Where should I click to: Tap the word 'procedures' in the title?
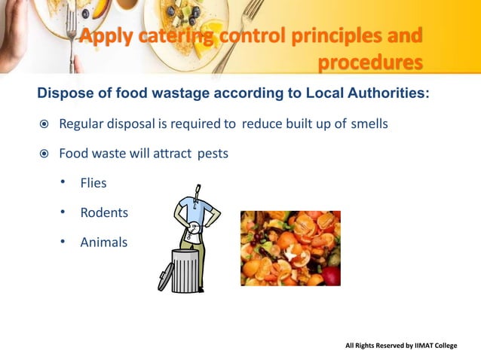click(x=369, y=61)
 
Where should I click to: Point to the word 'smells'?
click(x=369, y=124)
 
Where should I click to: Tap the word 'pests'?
click(x=213, y=153)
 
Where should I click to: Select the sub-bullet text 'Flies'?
click(x=93, y=183)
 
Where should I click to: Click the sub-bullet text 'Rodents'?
click(x=104, y=213)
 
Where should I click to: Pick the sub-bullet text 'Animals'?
click(x=104, y=243)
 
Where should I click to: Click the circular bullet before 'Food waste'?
click(x=44, y=154)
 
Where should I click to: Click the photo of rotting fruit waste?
click(x=290, y=248)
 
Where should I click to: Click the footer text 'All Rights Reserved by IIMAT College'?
click(x=401, y=346)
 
